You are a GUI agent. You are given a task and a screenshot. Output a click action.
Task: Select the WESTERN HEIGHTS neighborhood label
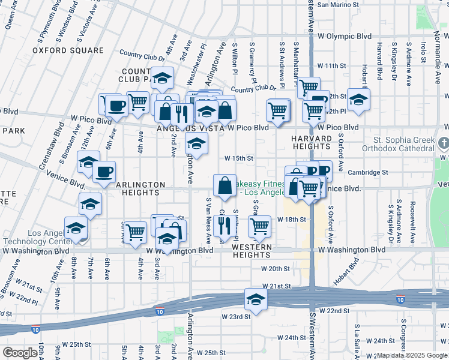coord(252,247)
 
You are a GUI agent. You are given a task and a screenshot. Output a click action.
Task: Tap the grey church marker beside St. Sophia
coord(444,144)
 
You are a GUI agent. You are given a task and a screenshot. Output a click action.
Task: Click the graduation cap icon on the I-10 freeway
coord(255,299)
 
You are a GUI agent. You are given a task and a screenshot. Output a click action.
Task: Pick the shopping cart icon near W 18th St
coord(259,226)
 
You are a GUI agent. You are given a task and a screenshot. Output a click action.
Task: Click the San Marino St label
coord(338,4)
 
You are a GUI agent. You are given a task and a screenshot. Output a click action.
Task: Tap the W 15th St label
coord(240,158)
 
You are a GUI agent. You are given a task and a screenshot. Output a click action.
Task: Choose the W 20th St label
coord(275,269)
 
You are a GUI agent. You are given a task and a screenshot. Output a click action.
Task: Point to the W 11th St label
coord(332,65)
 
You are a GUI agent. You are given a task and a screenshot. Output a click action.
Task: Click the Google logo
coord(20,352)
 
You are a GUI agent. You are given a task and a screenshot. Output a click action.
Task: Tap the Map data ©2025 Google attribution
coord(411,355)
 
